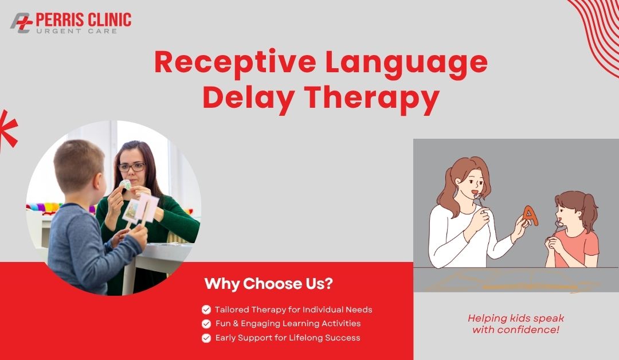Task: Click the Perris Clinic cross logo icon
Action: click(x=21, y=22)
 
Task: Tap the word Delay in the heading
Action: click(x=248, y=98)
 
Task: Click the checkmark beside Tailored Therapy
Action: click(x=206, y=310)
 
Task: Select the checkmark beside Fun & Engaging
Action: click(x=206, y=324)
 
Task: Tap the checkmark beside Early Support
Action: click(x=206, y=338)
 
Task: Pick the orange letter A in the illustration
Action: click(x=531, y=216)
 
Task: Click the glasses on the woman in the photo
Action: click(x=132, y=167)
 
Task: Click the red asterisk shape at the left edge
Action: click(x=7, y=128)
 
